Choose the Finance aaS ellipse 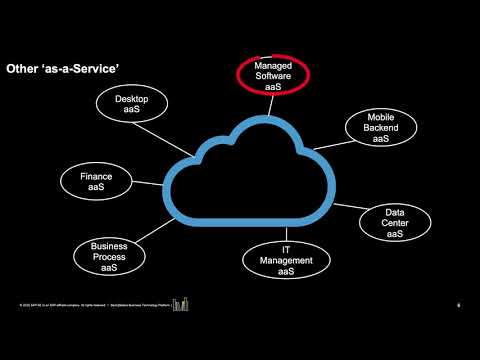[104, 182]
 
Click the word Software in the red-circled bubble [274, 77]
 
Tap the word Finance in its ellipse [104, 177]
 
